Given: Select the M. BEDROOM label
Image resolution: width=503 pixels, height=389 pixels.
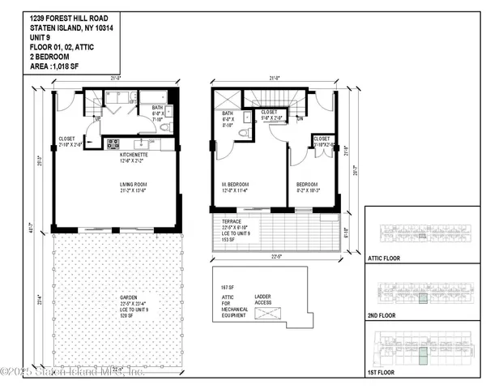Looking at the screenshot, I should click(235, 186).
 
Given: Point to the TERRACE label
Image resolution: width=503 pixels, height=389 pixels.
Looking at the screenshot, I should click(230, 223).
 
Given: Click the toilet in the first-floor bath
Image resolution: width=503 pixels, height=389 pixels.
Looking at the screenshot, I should click(164, 127).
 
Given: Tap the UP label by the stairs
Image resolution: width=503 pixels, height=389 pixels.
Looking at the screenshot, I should click(98, 119).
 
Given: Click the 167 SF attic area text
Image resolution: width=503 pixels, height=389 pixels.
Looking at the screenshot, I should click(228, 288).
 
